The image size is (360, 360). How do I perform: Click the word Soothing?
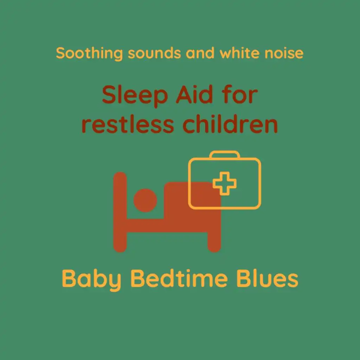point(89,53)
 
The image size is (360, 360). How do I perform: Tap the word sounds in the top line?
point(154,53)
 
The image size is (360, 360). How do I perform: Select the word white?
point(239,53)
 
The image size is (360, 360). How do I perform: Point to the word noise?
point(284,53)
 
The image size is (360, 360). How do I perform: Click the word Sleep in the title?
point(135,96)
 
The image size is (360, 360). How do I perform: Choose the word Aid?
point(194,95)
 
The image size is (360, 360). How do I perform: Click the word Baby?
point(91,279)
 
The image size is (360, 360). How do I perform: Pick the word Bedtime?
point(179,278)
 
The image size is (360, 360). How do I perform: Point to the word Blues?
point(267,278)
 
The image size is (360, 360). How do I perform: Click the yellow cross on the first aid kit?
point(225,184)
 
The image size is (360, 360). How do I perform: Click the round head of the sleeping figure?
point(145,200)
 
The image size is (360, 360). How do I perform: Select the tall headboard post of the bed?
point(120,212)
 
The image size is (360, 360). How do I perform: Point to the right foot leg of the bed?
point(214,242)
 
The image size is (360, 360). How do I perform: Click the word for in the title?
point(240,95)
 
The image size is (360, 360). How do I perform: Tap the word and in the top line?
point(200,53)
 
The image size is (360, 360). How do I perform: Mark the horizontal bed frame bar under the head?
point(167,225)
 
